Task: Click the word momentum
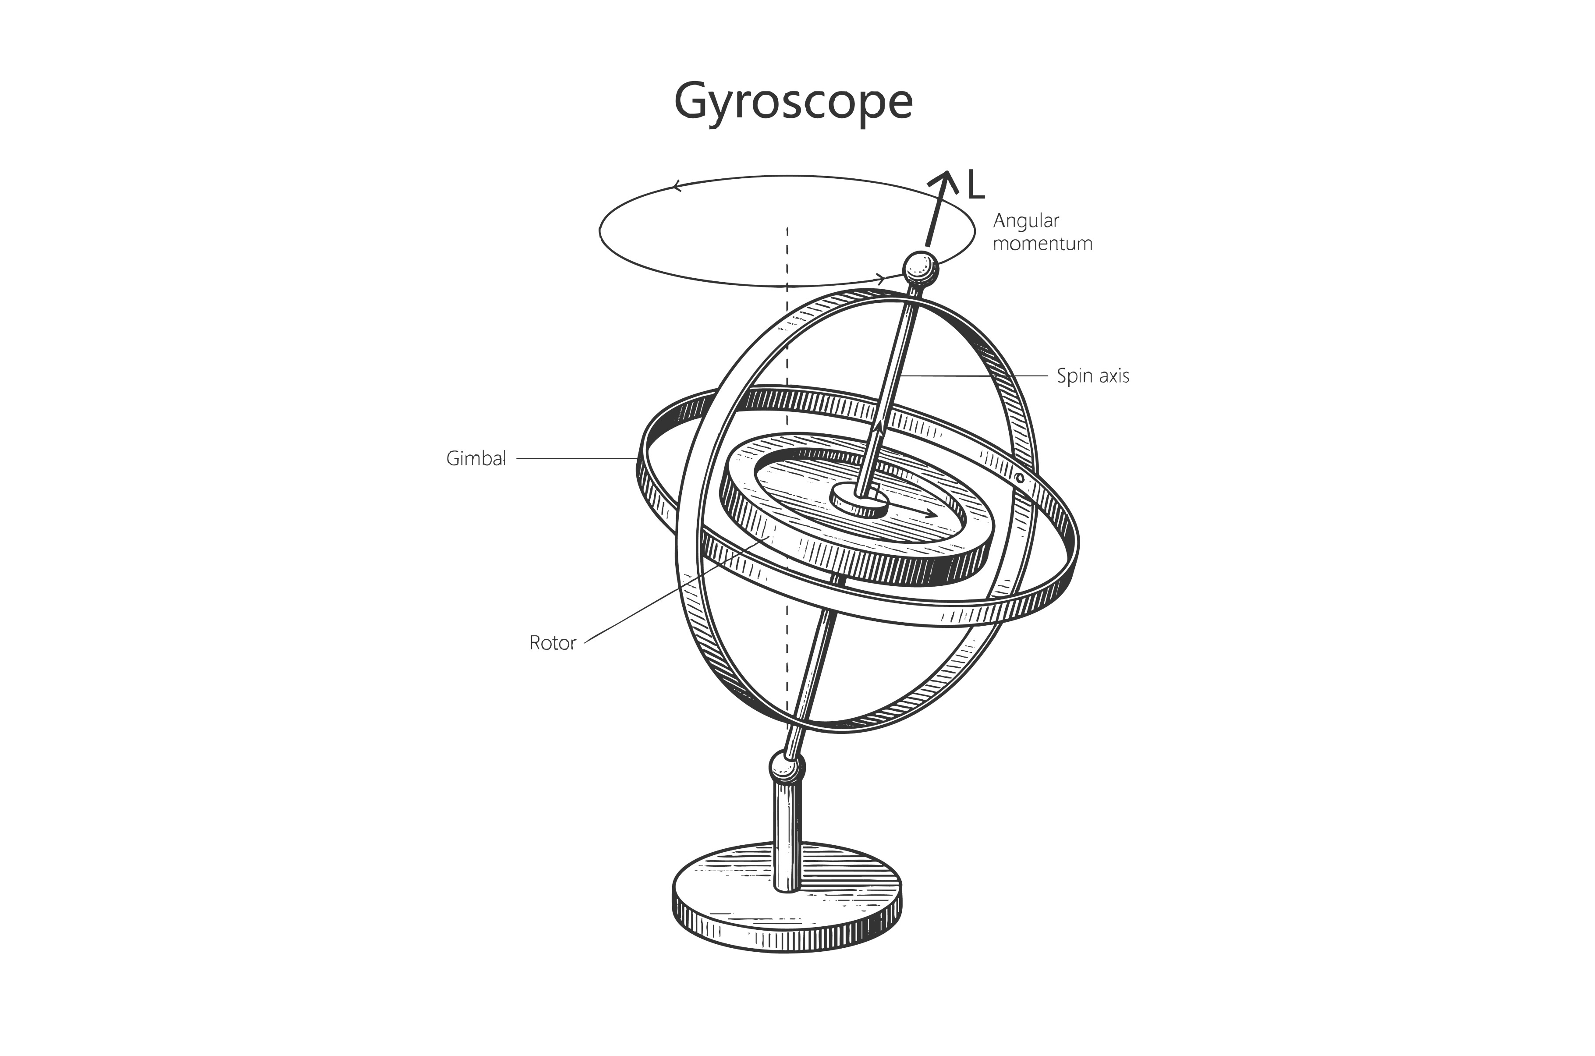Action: tap(1042, 244)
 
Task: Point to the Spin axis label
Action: tap(1093, 376)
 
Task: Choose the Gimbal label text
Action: tap(476, 459)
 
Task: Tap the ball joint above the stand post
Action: tap(787, 766)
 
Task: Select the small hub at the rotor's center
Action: tap(860, 501)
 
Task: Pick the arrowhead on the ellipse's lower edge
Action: tap(881, 277)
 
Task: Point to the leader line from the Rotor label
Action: tap(677, 590)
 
